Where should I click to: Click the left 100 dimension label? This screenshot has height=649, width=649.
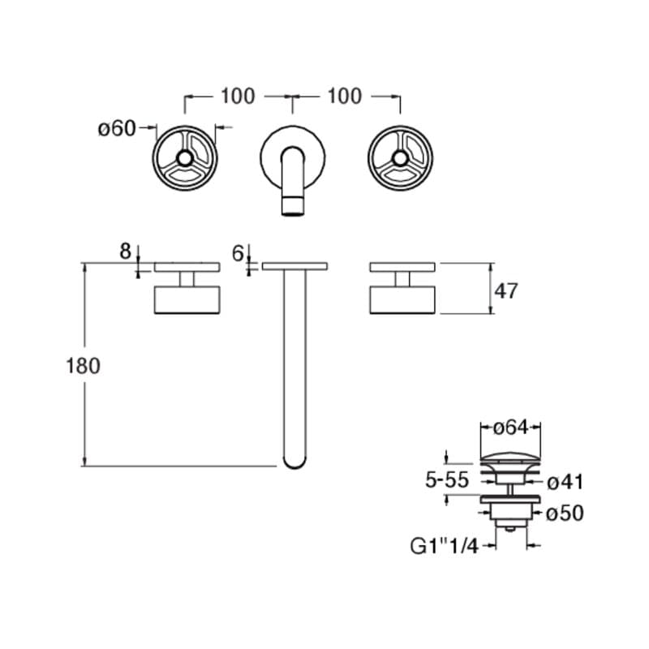click(238, 96)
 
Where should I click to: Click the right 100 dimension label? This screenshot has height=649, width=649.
click(345, 96)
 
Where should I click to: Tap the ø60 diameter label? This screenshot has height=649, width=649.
click(117, 128)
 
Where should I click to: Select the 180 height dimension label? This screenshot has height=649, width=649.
click(84, 366)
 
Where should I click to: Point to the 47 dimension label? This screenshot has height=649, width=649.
click(506, 291)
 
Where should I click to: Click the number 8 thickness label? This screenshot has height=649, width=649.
click(126, 251)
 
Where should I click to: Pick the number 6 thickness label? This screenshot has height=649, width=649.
click(238, 254)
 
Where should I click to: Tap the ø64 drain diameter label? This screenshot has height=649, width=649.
click(511, 428)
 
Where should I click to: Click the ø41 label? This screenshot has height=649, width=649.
click(565, 482)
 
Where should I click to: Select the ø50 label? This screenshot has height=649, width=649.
click(565, 514)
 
